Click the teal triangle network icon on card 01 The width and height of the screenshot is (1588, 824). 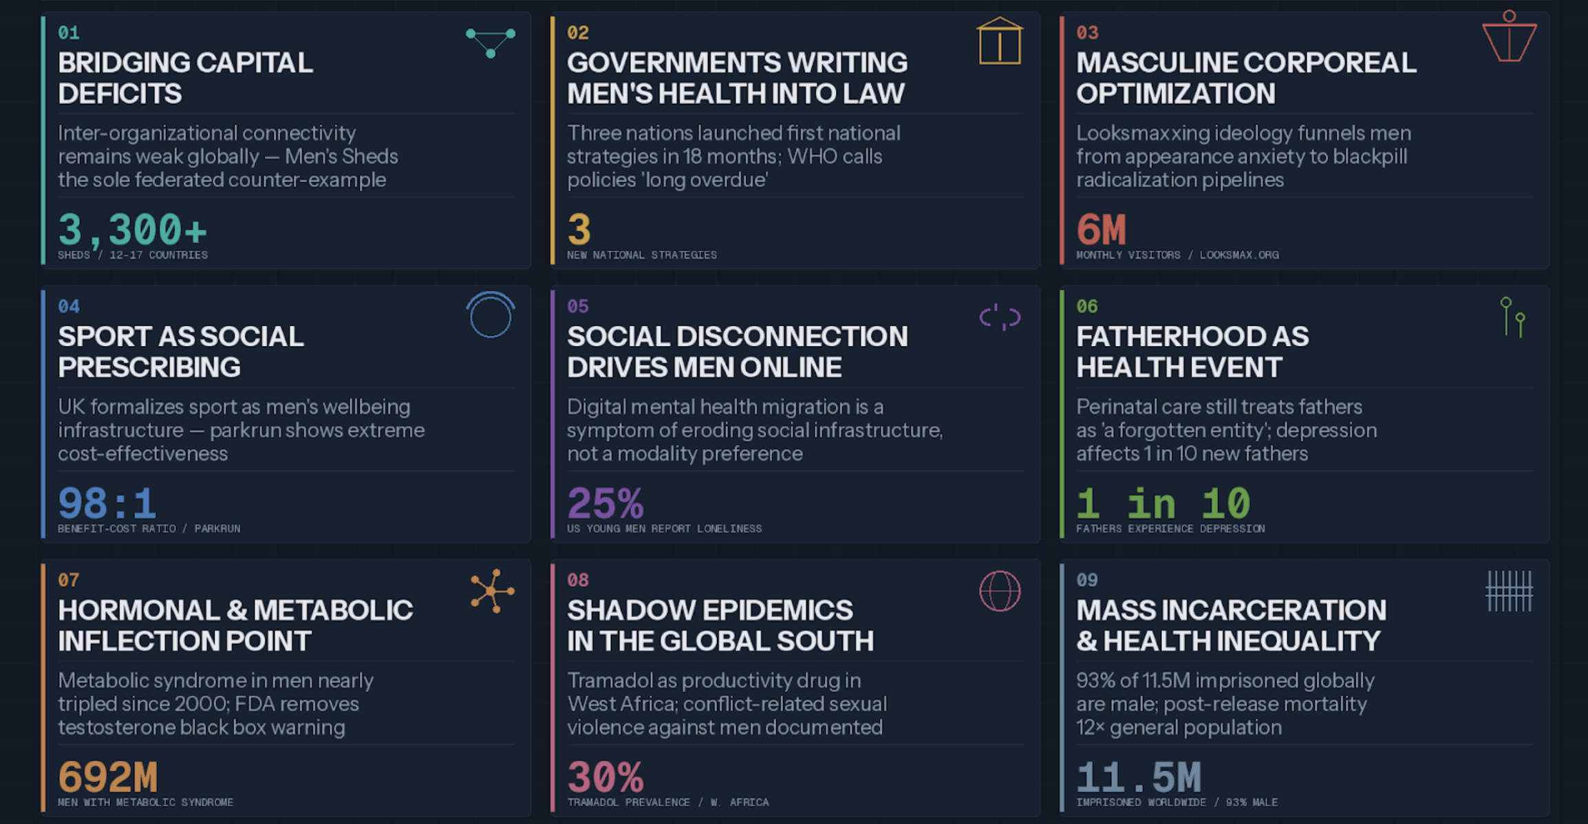click(491, 43)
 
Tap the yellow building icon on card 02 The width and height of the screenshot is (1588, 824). click(1000, 42)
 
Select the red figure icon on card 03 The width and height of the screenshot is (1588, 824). click(1509, 38)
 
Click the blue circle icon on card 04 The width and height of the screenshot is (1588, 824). click(491, 316)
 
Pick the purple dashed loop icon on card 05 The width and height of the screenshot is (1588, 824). click(1000, 317)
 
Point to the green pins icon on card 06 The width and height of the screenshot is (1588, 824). click(1512, 317)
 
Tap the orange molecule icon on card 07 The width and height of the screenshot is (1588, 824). click(491, 591)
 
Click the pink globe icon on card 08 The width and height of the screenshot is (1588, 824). click(1000, 591)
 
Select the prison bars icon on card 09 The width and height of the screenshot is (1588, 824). click(1509, 591)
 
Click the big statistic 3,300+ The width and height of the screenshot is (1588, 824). click(132, 230)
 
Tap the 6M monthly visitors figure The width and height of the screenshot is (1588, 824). click(1101, 230)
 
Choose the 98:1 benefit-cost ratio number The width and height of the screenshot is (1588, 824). click(107, 503)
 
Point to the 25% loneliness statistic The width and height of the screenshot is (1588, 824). click(605, 503)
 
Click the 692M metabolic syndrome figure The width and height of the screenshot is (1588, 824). click(108, 777)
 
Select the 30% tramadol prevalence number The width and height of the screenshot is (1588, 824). click(605, 777)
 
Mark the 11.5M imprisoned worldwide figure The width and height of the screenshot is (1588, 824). click(1139, 777)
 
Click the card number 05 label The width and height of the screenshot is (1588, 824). click(578, 306)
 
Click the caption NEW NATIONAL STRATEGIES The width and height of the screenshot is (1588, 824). click(641, 255)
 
